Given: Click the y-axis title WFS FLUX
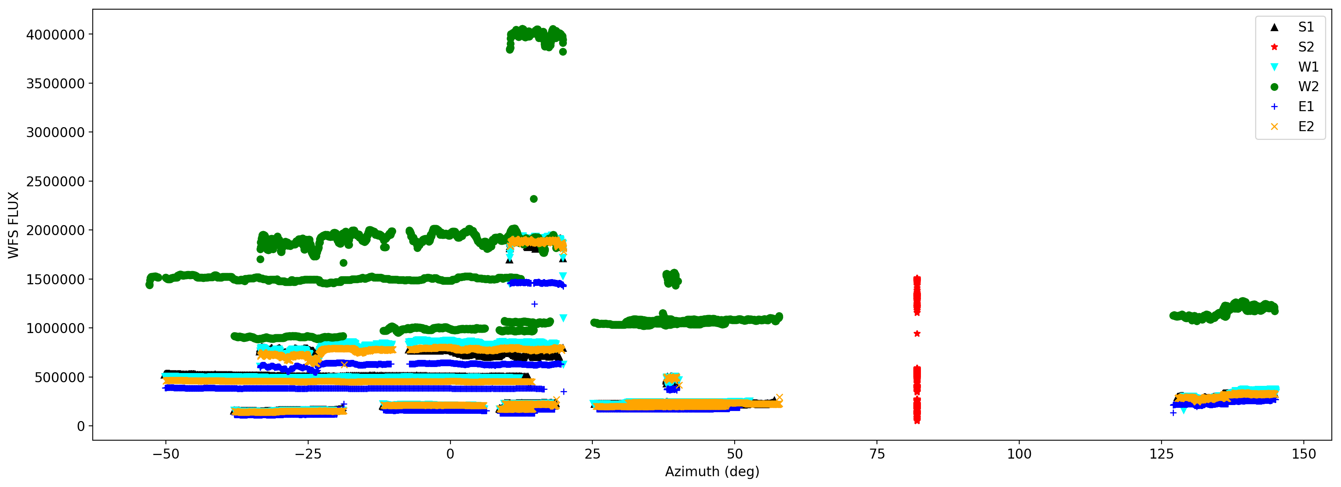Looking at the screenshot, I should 14,225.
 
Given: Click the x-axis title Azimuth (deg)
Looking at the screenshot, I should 711,471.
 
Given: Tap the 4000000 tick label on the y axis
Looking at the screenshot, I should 55,35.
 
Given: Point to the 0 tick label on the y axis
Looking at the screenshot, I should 81,427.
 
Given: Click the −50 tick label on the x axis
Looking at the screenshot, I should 165,454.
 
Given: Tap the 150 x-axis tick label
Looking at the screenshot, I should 1303,454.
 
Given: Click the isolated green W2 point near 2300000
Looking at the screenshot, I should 534,199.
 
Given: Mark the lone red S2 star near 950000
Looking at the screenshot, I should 917,334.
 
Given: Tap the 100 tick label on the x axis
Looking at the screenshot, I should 1019,454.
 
